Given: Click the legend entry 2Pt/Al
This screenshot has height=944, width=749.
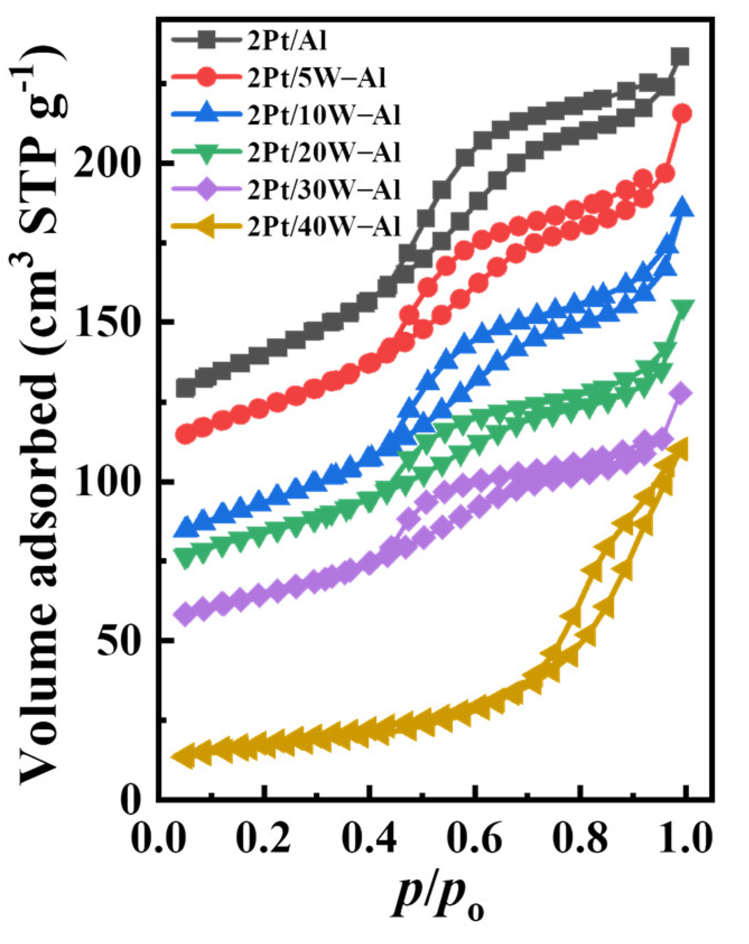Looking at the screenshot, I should coord(287,41).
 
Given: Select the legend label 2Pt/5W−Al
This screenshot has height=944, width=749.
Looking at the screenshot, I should coord(317,78).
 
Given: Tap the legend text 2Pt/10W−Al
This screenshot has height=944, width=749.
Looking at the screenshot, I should coord(324,115).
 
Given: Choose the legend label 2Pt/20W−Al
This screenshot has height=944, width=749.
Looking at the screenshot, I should coord(324,152).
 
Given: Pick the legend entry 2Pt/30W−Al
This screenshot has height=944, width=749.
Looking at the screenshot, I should coord(324,190).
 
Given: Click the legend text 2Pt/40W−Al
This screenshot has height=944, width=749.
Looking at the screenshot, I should coord(324,227).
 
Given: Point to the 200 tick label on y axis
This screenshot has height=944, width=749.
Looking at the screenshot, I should coord(109,163).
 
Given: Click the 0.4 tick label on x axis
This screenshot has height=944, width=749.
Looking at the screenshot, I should coord(368,838).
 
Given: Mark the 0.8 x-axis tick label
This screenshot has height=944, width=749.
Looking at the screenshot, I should coord(579,838).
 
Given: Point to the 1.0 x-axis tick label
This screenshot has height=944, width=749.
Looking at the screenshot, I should coord(684,838).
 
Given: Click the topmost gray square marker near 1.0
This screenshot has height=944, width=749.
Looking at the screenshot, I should coord(680,57).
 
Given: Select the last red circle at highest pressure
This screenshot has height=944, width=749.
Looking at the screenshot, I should coord(681,114).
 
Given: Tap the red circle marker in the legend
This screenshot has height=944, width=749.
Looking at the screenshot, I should coord(207,78).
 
